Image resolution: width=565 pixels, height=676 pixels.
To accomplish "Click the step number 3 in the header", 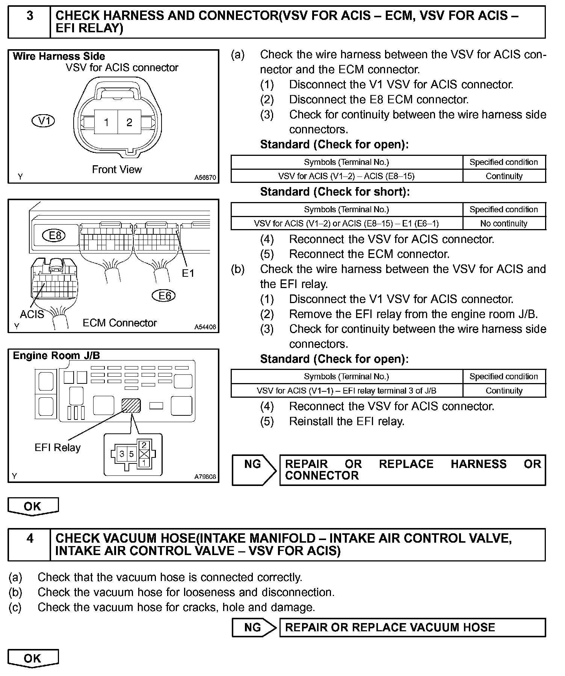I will (30, 16).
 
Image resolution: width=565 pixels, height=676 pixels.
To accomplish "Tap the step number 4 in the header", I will (30, 539).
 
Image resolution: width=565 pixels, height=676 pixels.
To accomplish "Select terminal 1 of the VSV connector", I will (106, 122).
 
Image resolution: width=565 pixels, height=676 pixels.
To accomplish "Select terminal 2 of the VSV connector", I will (129, 122).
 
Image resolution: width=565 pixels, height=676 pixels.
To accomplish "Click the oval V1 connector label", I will (44, 121).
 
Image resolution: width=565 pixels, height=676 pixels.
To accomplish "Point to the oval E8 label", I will (55, 235).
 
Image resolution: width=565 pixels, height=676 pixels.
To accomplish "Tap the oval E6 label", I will (164, 296).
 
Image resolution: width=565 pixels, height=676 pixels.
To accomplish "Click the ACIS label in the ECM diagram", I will (32, 314).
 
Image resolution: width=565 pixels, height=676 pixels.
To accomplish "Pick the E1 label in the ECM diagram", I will (188, 273).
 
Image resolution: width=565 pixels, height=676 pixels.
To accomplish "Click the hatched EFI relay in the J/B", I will (131, 406).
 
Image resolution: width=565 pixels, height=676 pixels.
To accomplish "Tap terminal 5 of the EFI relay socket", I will (131, 454).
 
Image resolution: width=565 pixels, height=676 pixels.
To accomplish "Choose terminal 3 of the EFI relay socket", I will (122, 454).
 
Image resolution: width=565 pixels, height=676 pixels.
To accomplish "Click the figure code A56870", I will (205, 178).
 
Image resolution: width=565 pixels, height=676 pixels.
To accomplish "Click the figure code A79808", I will (205, 477).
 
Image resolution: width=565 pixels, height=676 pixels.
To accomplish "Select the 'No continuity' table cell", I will (504, 223).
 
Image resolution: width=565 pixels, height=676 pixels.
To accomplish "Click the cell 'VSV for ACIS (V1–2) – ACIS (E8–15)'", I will (346, 176).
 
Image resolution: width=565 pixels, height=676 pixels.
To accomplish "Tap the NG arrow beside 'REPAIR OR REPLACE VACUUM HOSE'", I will (254, 628).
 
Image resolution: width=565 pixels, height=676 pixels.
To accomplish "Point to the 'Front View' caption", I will (117, 169).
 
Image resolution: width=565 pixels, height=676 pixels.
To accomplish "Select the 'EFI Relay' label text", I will (57, 448).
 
